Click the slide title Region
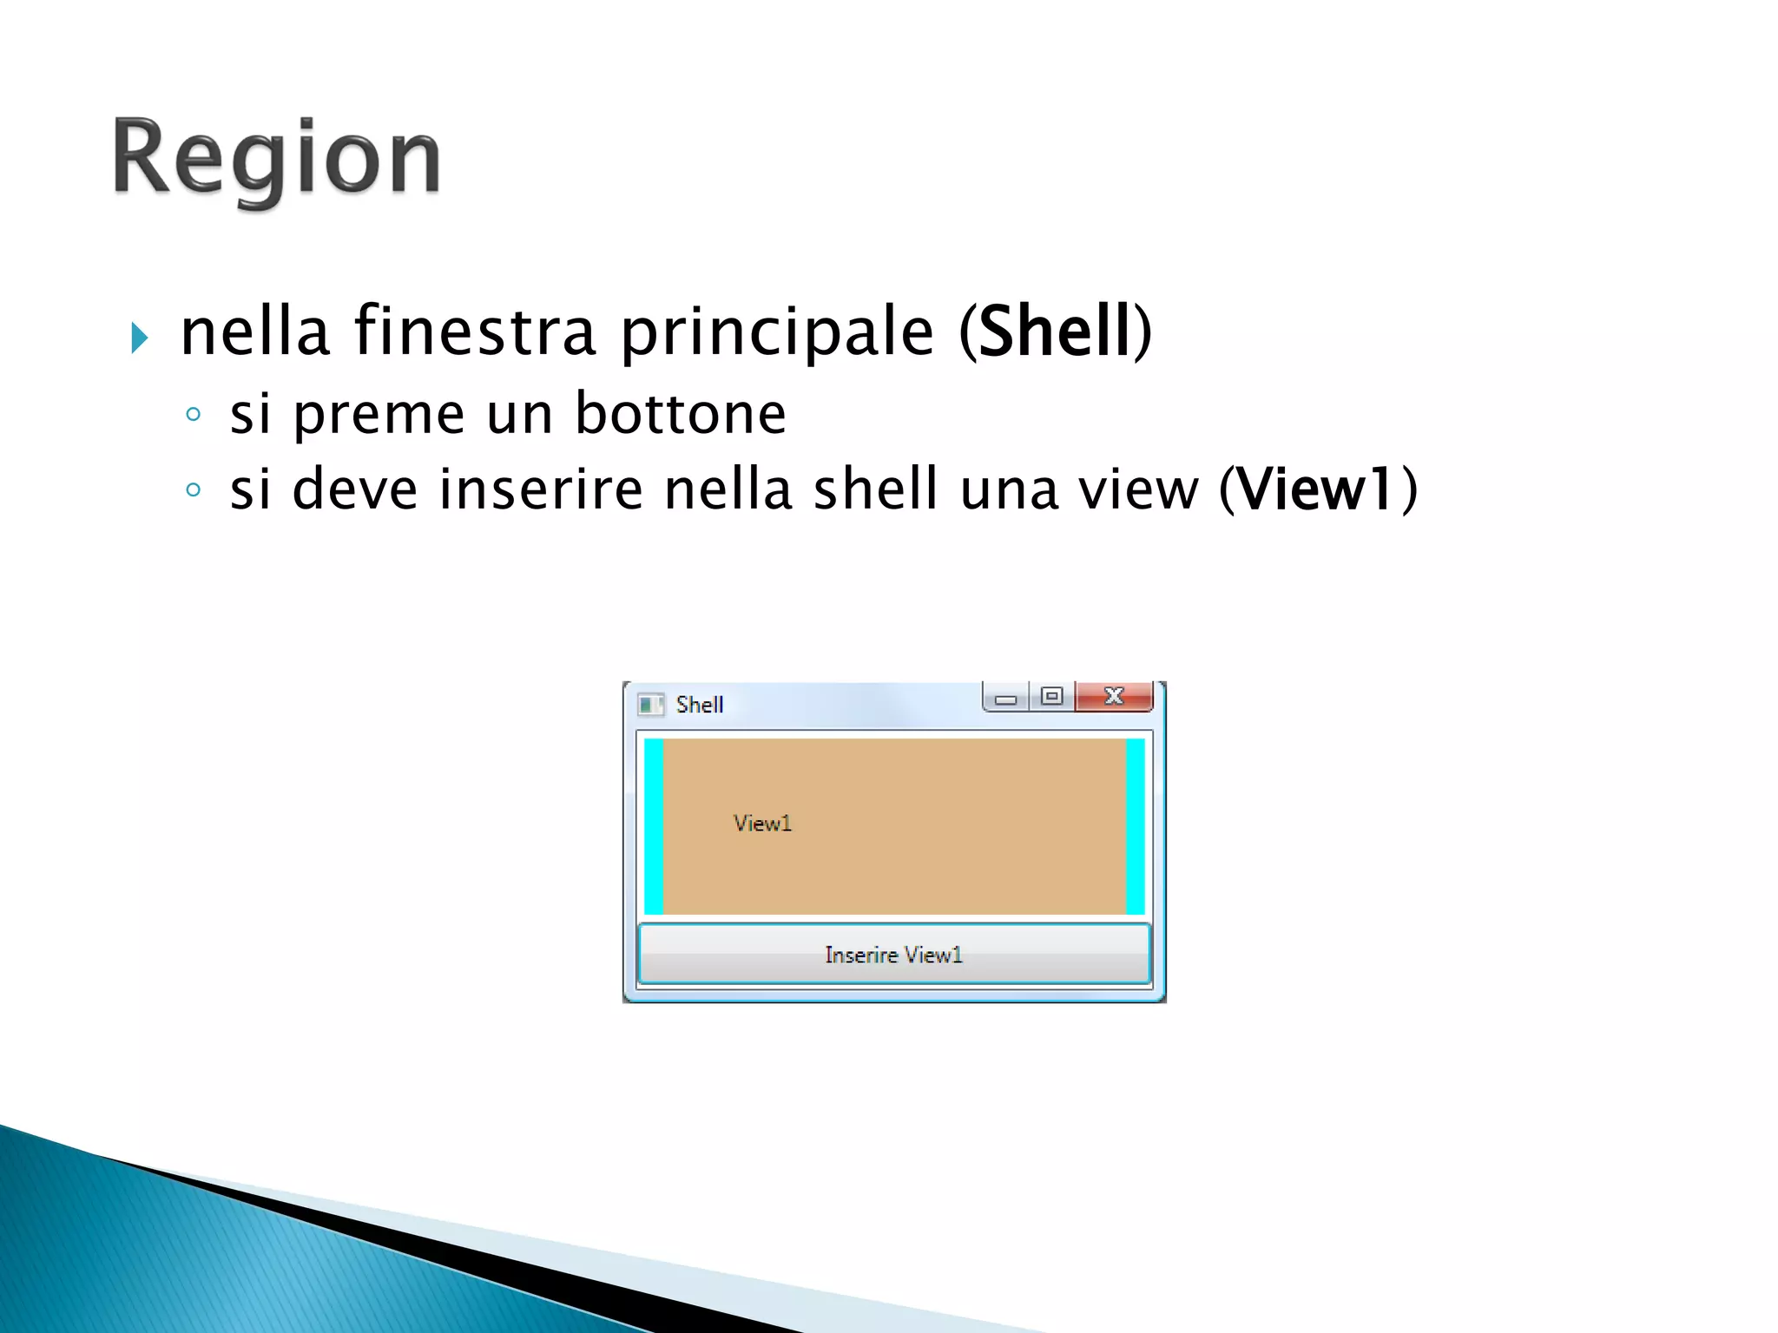[x=276, y=159]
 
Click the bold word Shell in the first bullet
[x=1055, y=332]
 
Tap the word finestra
[x=475, y=332]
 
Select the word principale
[x=777, y=333]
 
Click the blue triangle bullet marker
[x=139, y=337]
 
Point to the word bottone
[x=681, y=413]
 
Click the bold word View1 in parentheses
[x=1316, y=489]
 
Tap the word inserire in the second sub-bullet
[x=541, y=489]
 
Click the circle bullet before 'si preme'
[x=194, y=415]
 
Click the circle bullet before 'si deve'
[x=194, y=490]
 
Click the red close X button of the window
[x=1114, y=696]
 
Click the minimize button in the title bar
[x=1005, y=698]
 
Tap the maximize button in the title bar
[x=1051, y=696]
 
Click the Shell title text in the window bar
[x=700, y=705]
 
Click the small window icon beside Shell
[x=650, y=705]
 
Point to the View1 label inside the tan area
[x=762, y=824]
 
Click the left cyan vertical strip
[x=654, y=826]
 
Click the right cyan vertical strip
[x=1135, y=826]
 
